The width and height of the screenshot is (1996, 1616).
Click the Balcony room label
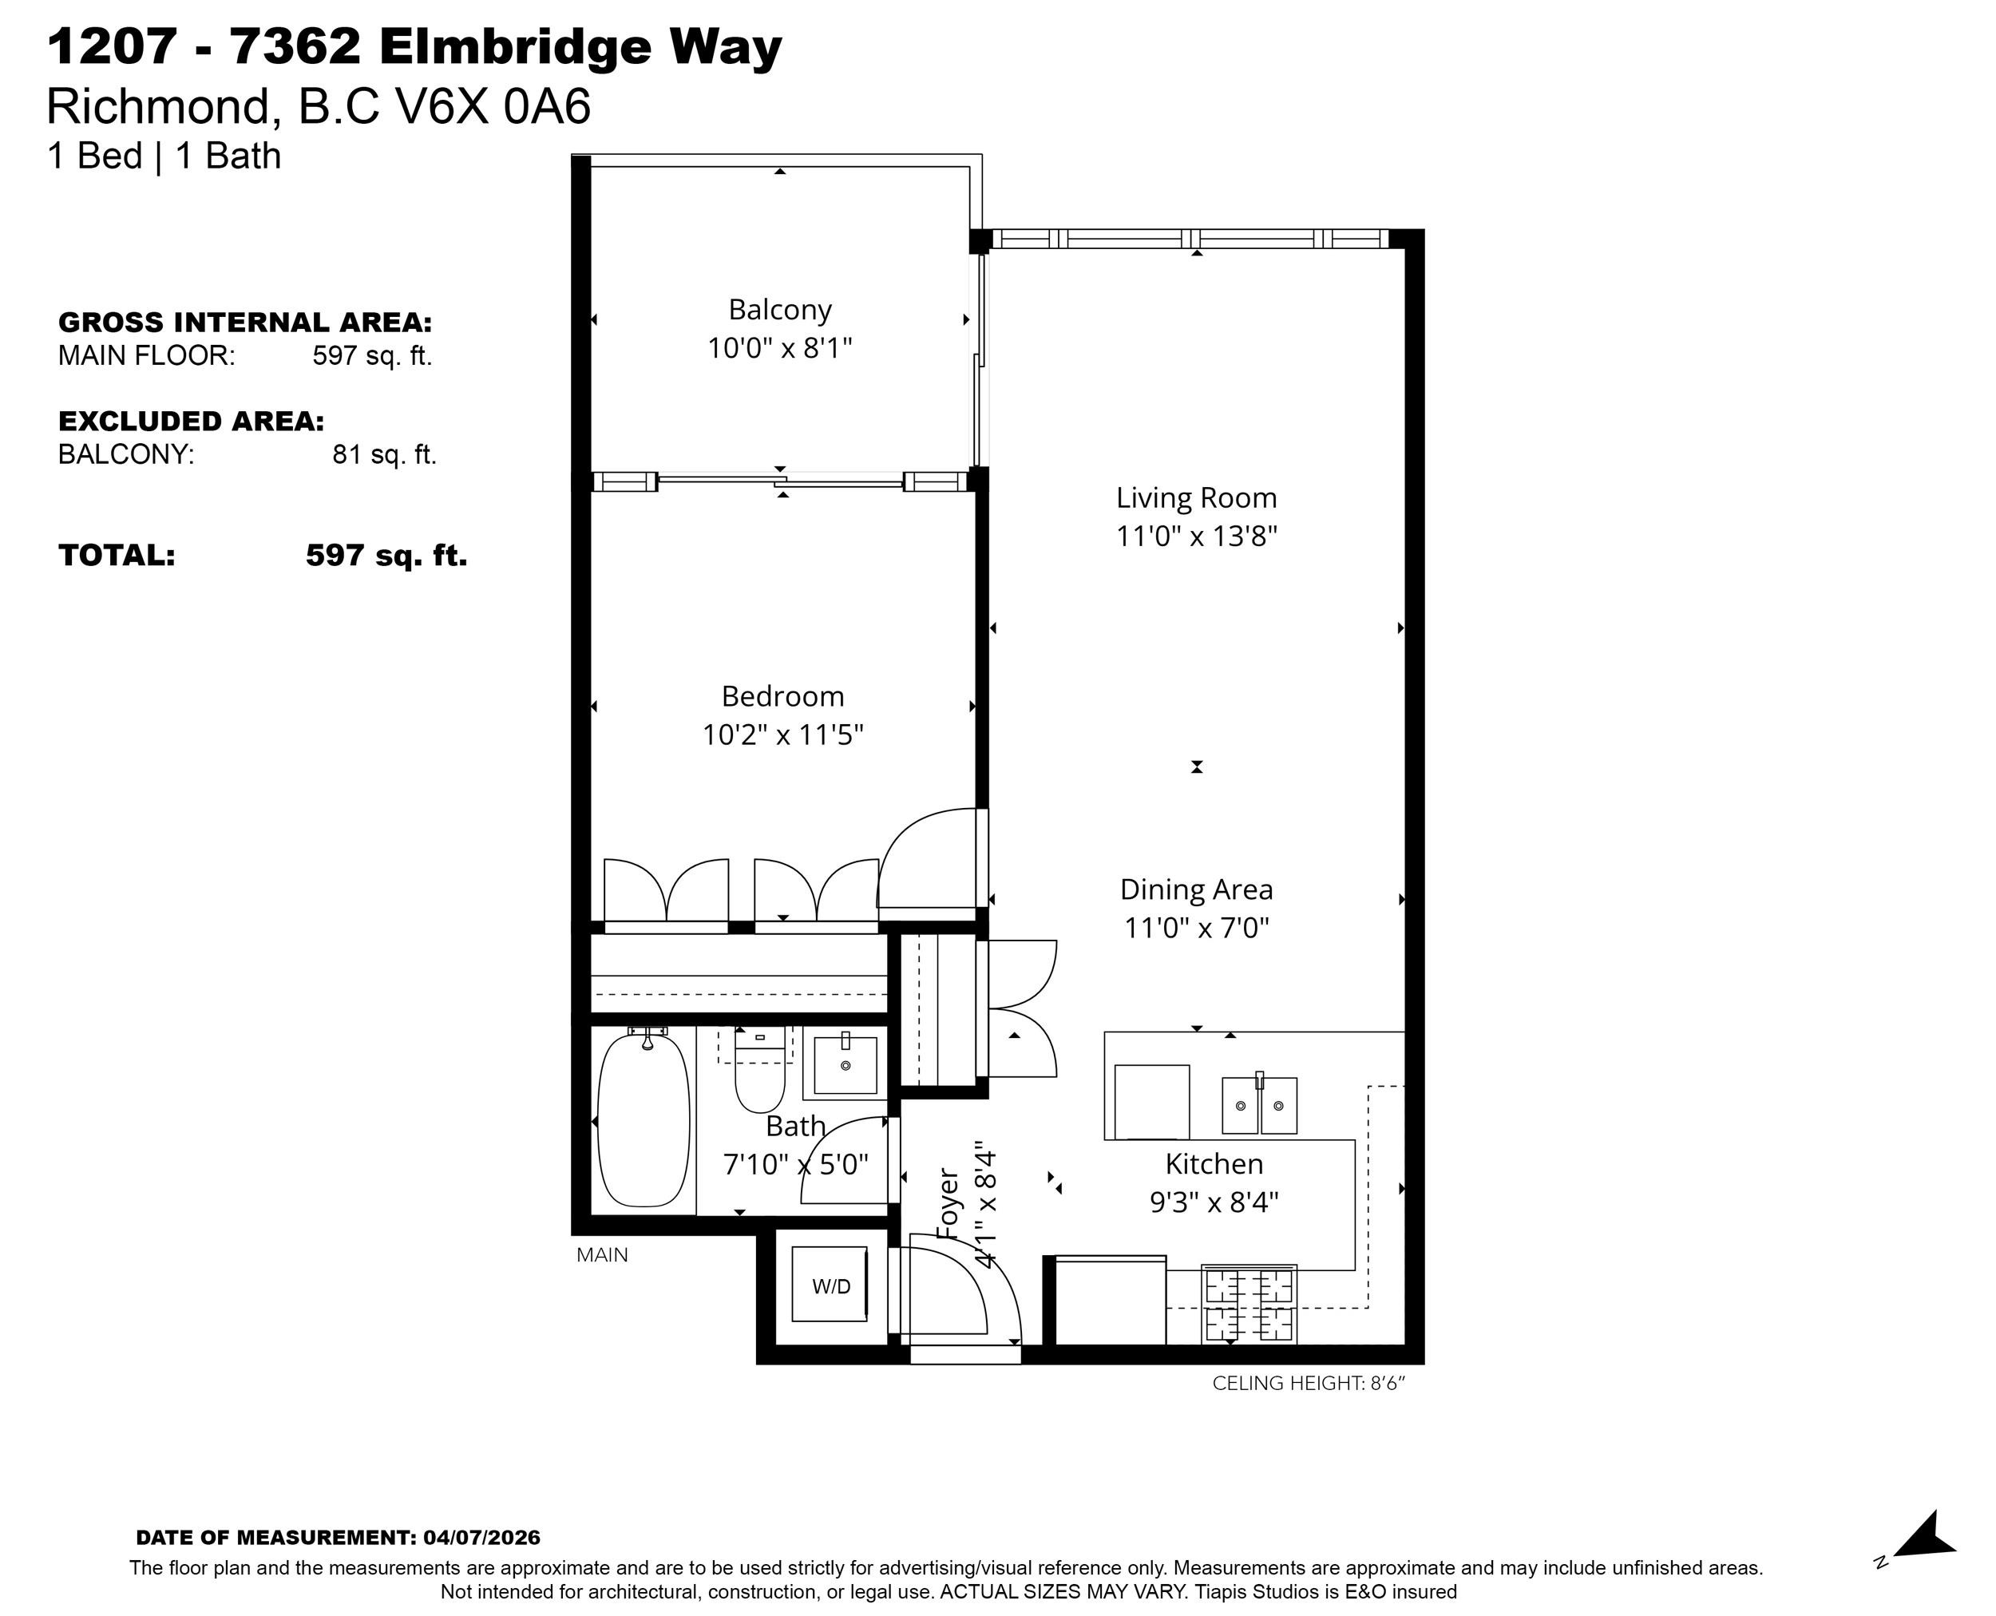coord(780,309)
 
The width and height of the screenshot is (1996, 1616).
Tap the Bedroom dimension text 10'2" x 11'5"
coord(783,735)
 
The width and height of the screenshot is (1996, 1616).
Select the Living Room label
coord(1196,498)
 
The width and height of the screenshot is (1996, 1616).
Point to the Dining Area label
coord(1196,890)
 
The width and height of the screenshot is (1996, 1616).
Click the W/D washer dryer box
coord(830,1285)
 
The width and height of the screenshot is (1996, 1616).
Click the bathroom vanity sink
coord(846,1064)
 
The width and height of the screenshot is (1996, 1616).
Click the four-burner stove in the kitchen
coord(1249,1304)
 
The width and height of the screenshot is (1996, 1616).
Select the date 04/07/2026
coord(481,1538)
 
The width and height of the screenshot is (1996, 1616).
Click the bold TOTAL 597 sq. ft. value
coord(386,555)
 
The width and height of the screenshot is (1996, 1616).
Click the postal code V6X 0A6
coord(493,106)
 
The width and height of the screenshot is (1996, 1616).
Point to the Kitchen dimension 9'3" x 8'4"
coord(1214,1202)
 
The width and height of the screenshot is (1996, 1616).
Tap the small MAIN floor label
coord(602,1255)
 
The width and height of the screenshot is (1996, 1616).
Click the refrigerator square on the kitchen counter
coord(1151,1101)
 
